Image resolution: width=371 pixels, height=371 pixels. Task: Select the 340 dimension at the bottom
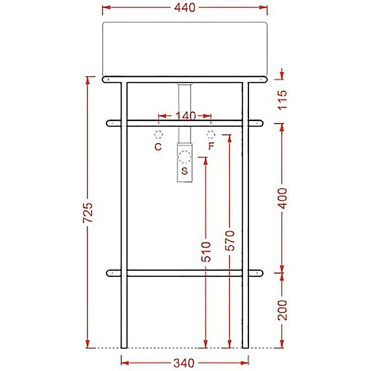click(x=184, y=362)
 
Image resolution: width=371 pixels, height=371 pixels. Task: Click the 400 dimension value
click(x=283, y=198)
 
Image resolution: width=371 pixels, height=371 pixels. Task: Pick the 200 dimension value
click(x=283, y=310)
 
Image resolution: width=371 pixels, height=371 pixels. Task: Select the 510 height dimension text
click(x=206, y=252)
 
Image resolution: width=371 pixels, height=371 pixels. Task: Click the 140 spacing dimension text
click(x=185, y=116)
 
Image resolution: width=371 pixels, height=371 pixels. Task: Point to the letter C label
click(x=158, y=147)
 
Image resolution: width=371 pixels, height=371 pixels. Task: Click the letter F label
click(x=211, y=147)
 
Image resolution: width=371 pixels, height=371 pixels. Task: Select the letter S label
click(x=185, y=171)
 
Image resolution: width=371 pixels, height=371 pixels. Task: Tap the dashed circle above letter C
click(x=158, y=135)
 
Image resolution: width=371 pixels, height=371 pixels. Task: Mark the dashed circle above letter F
click(x=211, y=134)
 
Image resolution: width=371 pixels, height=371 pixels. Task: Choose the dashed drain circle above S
click(x=185, y=157)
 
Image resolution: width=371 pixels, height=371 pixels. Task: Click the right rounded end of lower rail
click(x=259, y=273)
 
